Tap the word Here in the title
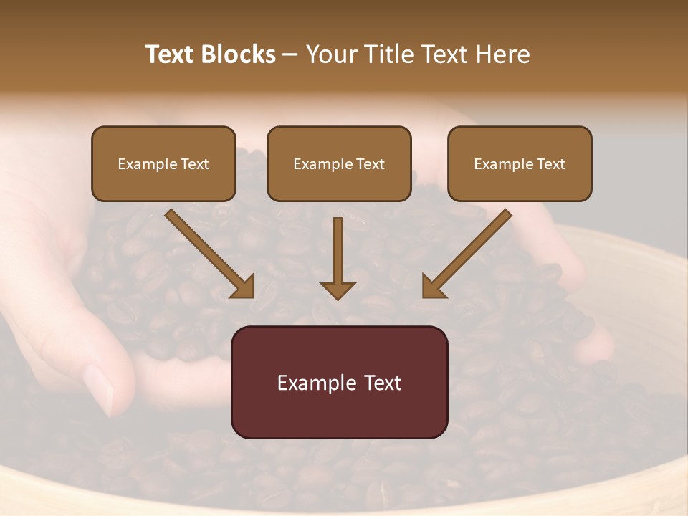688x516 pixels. pos(501,54)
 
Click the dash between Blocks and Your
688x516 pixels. pos(290,55)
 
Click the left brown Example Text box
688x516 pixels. pos(163,163)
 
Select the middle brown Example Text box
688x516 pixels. pos(339,163)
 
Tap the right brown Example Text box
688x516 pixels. pos(520,163)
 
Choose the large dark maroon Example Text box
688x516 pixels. pos(339,382)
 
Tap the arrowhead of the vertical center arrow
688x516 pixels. pos(338,290)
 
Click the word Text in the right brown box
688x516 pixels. pos(550,164)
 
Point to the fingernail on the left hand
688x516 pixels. pos(98,387)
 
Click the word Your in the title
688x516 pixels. pos(331,54)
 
